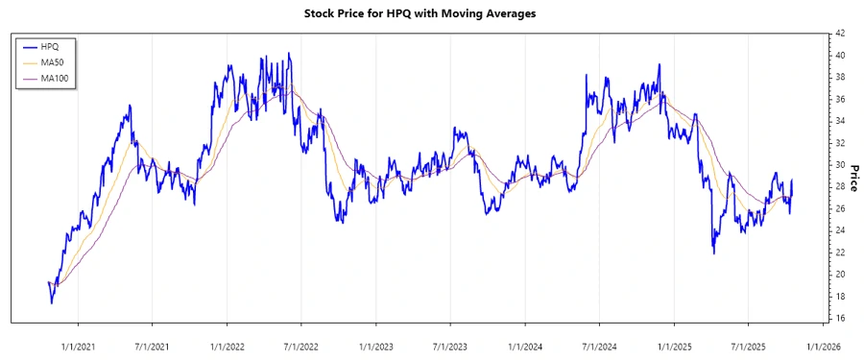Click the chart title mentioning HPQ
pyautogui.click(x=431, y=13)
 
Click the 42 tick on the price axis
pyautogui.click(x=840, y=34)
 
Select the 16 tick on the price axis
pyautogui.click(x=840, y=318)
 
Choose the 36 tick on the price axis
pyautogui.click(x=840, y=99)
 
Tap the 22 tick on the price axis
pyautogui.click(x=840, y=252)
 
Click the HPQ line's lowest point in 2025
pyautogui.click(x=713, y=253)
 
